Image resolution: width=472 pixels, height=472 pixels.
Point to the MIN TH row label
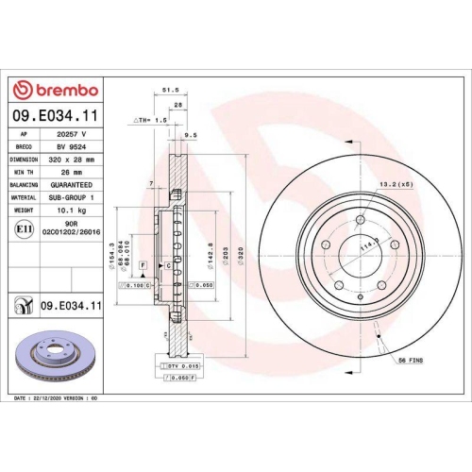(x=23, y=173)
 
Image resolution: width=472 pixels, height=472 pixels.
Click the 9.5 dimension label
(x=190, y=135)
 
